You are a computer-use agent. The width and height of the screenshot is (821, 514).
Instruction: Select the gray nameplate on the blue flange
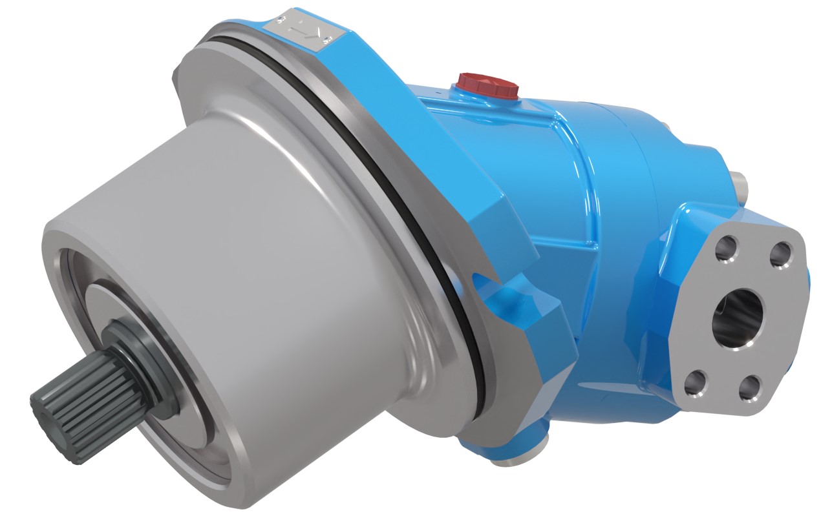(302, 30)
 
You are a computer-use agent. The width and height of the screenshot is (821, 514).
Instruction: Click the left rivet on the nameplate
(281, 22)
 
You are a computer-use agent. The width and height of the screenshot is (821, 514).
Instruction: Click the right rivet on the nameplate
(327, 40)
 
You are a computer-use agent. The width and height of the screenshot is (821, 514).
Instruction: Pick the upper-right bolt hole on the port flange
(783, 255)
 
